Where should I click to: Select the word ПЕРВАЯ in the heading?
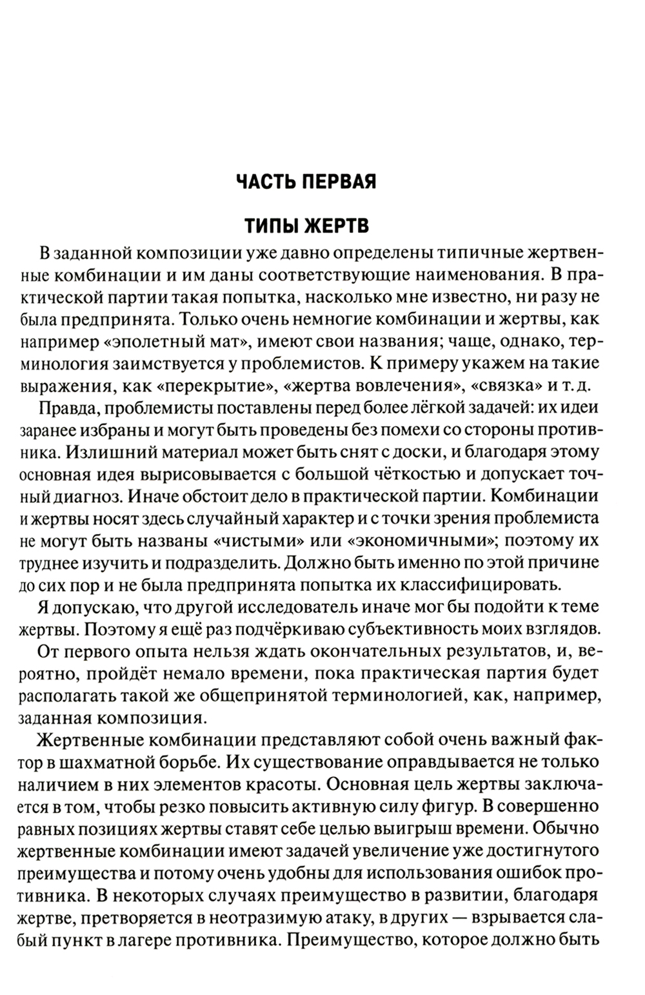click(x=341, y=181)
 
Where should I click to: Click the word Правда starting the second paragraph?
click(x=68, y=409)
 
